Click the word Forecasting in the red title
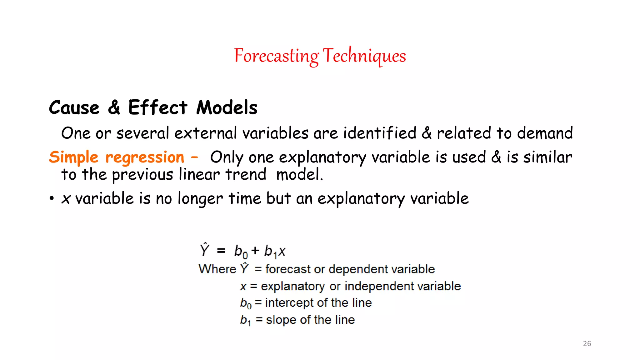point(276,56)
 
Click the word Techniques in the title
point(364,56)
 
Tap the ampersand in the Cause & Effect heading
point(114,107)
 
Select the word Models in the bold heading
point(227,107)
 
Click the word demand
point(545,133)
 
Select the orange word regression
point(145,157)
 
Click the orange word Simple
point(74,157)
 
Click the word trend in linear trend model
point(246,174)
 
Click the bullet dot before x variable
point(52,199)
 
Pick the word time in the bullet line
point(245,198)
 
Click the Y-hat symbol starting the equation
point(204,250)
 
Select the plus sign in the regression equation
point(255,250)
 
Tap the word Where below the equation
point(217,269)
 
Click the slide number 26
point(587,343)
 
